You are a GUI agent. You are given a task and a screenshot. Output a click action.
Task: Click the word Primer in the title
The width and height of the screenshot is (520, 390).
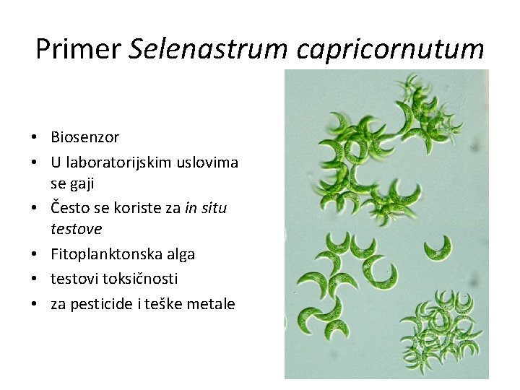point(78,49)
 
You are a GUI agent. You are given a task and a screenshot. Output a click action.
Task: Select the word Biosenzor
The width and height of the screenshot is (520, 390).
point(84,137)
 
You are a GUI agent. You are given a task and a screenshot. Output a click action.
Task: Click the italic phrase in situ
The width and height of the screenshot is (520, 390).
point(206,208)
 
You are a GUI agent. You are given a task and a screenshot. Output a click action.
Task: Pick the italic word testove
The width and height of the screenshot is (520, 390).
point(76,229)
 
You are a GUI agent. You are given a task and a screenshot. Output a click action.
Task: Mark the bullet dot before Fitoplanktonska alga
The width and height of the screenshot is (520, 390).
point(34,255)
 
